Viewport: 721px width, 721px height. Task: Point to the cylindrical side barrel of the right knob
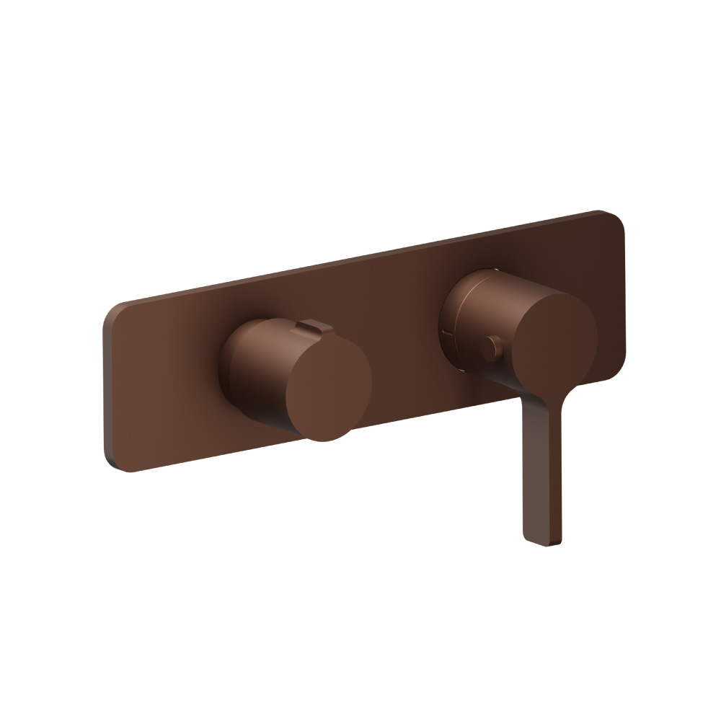click(x=476, y=310)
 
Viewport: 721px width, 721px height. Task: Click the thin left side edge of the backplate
click(x=105, y=389)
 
